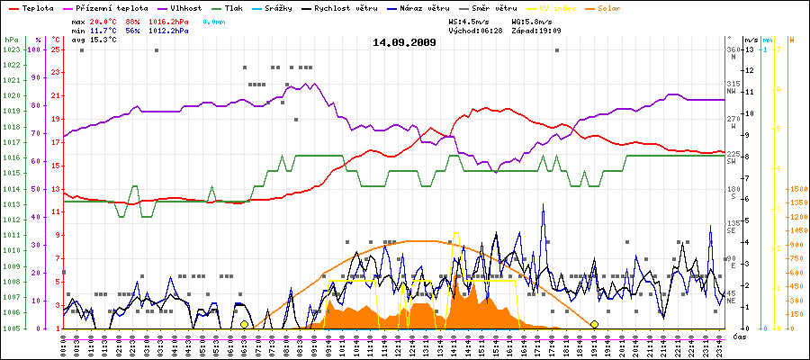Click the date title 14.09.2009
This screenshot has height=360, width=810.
(404, 42)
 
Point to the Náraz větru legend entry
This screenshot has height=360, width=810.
(425, 7)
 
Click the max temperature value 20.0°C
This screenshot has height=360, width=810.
(103, 19)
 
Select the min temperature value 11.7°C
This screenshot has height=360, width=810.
(103, 30)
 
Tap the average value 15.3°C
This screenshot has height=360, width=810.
(103, 40)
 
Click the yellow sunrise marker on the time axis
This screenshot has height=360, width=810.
(244, 324)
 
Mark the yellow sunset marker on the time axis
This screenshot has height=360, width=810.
(594, 324)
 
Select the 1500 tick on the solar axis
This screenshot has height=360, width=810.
(796, 190)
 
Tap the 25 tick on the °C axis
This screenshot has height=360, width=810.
(55, 49)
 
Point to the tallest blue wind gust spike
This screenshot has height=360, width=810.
(544, 206)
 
